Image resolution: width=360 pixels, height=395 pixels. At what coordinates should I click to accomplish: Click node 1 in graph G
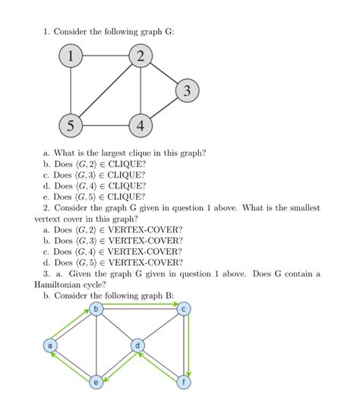point(71,56)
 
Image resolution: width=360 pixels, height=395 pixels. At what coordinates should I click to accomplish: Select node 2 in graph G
point(141,56)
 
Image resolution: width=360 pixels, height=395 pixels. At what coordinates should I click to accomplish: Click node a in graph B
point(50,346)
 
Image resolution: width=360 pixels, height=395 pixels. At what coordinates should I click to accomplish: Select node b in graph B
point(96,308)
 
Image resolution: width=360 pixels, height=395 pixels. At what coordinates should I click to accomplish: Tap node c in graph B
point(183,308)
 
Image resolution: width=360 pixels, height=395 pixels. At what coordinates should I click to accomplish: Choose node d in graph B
point(137,346)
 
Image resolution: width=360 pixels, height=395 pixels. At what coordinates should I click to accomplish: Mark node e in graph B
point(96,382)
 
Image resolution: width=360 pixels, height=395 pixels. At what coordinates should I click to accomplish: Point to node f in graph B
point(183,382)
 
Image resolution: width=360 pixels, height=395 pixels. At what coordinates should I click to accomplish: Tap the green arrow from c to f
point(188,346)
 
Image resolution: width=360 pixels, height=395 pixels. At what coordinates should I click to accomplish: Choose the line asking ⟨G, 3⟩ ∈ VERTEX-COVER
point(113,240)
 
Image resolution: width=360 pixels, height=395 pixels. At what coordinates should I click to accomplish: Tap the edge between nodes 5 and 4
point(106,126)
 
